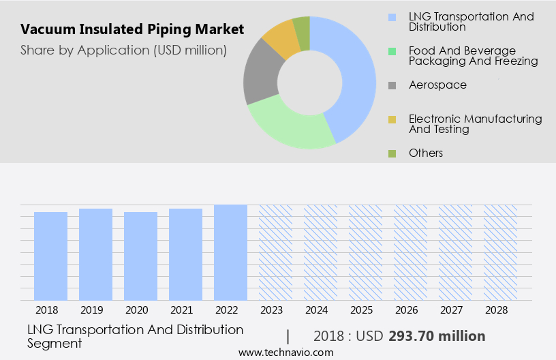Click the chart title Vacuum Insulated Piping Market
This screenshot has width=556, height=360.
coord(132,30)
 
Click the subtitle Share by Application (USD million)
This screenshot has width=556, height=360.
coord(123,50)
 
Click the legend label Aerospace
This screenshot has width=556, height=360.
coord(437,85)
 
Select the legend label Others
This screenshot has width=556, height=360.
coord(425,153)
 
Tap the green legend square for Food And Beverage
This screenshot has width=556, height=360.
coord(392,52)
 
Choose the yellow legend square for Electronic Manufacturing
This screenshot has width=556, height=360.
coord(392,120)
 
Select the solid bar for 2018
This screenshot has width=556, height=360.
coord(51,256)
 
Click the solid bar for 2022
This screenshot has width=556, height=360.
coord(230,252)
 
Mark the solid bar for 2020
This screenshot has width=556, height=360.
coord(140,256)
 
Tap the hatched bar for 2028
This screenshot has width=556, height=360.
coord(500,252)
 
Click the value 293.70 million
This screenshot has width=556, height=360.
coord(437,336)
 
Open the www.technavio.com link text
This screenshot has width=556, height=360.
coord(286,352)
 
